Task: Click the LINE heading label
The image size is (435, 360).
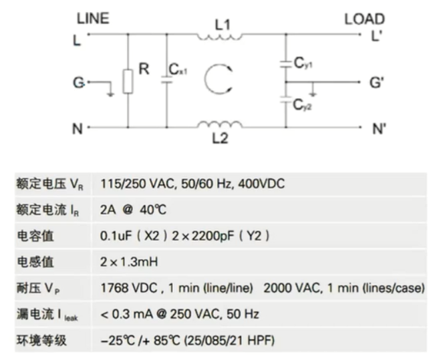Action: [92, 19]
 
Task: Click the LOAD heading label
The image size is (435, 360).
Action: [364, 19]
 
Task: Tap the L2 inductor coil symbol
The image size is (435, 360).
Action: [220, 124]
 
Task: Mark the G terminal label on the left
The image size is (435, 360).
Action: [78, 83]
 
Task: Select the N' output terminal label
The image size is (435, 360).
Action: [380, 128]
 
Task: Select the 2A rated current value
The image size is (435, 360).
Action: [108, 210]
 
